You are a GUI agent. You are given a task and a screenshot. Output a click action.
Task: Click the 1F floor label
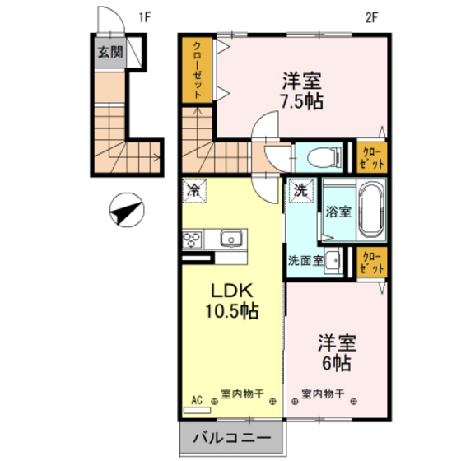point(146,16)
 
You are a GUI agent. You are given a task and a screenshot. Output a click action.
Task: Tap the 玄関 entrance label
point(107,54)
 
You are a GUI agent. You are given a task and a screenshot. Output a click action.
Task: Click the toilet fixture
point(314,155)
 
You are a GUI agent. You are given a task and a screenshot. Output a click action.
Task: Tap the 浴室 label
point(338,210)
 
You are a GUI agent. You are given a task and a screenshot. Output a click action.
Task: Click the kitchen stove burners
point(193,240)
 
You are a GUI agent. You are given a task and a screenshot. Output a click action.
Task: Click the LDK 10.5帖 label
point(231,301)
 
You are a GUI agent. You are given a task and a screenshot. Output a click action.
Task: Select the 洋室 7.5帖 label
point(302,91)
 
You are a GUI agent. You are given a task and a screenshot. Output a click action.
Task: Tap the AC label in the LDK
point(197,400)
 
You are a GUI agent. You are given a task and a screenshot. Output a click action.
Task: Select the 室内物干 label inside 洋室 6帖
point(322,392)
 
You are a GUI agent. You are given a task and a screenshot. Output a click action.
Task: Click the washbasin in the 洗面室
point(333,261)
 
